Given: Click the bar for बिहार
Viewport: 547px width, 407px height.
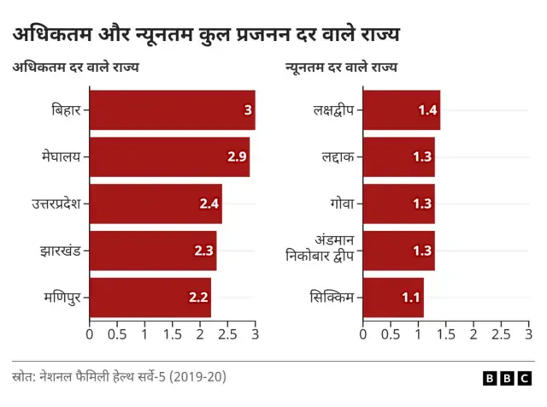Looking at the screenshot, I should coord(171,109).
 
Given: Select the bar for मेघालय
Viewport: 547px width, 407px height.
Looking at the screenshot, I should coord(168,156).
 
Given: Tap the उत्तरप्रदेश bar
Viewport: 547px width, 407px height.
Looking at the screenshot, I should coord(155,203).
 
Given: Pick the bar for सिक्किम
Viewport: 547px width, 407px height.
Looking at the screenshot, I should coord(393,298).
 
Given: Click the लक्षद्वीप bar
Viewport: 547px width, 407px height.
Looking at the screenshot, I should coord(401,109).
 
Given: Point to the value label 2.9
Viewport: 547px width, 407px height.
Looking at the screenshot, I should coord(237,156).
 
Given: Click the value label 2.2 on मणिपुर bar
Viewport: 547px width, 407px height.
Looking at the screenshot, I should coord(198,298).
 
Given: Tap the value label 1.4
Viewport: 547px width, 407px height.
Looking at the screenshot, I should coord(427,109).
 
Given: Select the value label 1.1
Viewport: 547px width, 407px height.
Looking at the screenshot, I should coord(411,298).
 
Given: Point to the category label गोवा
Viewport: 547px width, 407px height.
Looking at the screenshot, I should coord(338,203).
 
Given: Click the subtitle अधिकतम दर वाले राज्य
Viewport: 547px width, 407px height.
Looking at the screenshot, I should coord(75,68).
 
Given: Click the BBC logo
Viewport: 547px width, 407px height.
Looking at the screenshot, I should coord(509,378).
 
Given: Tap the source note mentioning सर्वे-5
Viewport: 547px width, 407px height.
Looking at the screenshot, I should coord(119,376).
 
